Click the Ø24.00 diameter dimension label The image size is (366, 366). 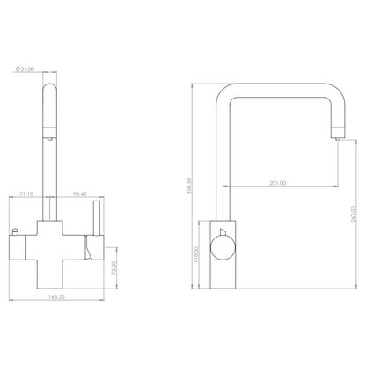pos(25,70)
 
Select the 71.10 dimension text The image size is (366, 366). pos(26,194)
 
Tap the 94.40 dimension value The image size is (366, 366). pos(80,194)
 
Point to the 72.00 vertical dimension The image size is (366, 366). pos(114,267)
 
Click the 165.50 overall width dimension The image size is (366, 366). pos(56,296)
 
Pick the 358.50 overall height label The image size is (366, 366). pos(188,186)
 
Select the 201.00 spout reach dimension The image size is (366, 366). pos(278,183)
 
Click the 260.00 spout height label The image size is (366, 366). pos(353,215)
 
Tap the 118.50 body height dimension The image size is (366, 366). pos(196,254)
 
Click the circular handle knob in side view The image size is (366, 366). pos(223,248)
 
